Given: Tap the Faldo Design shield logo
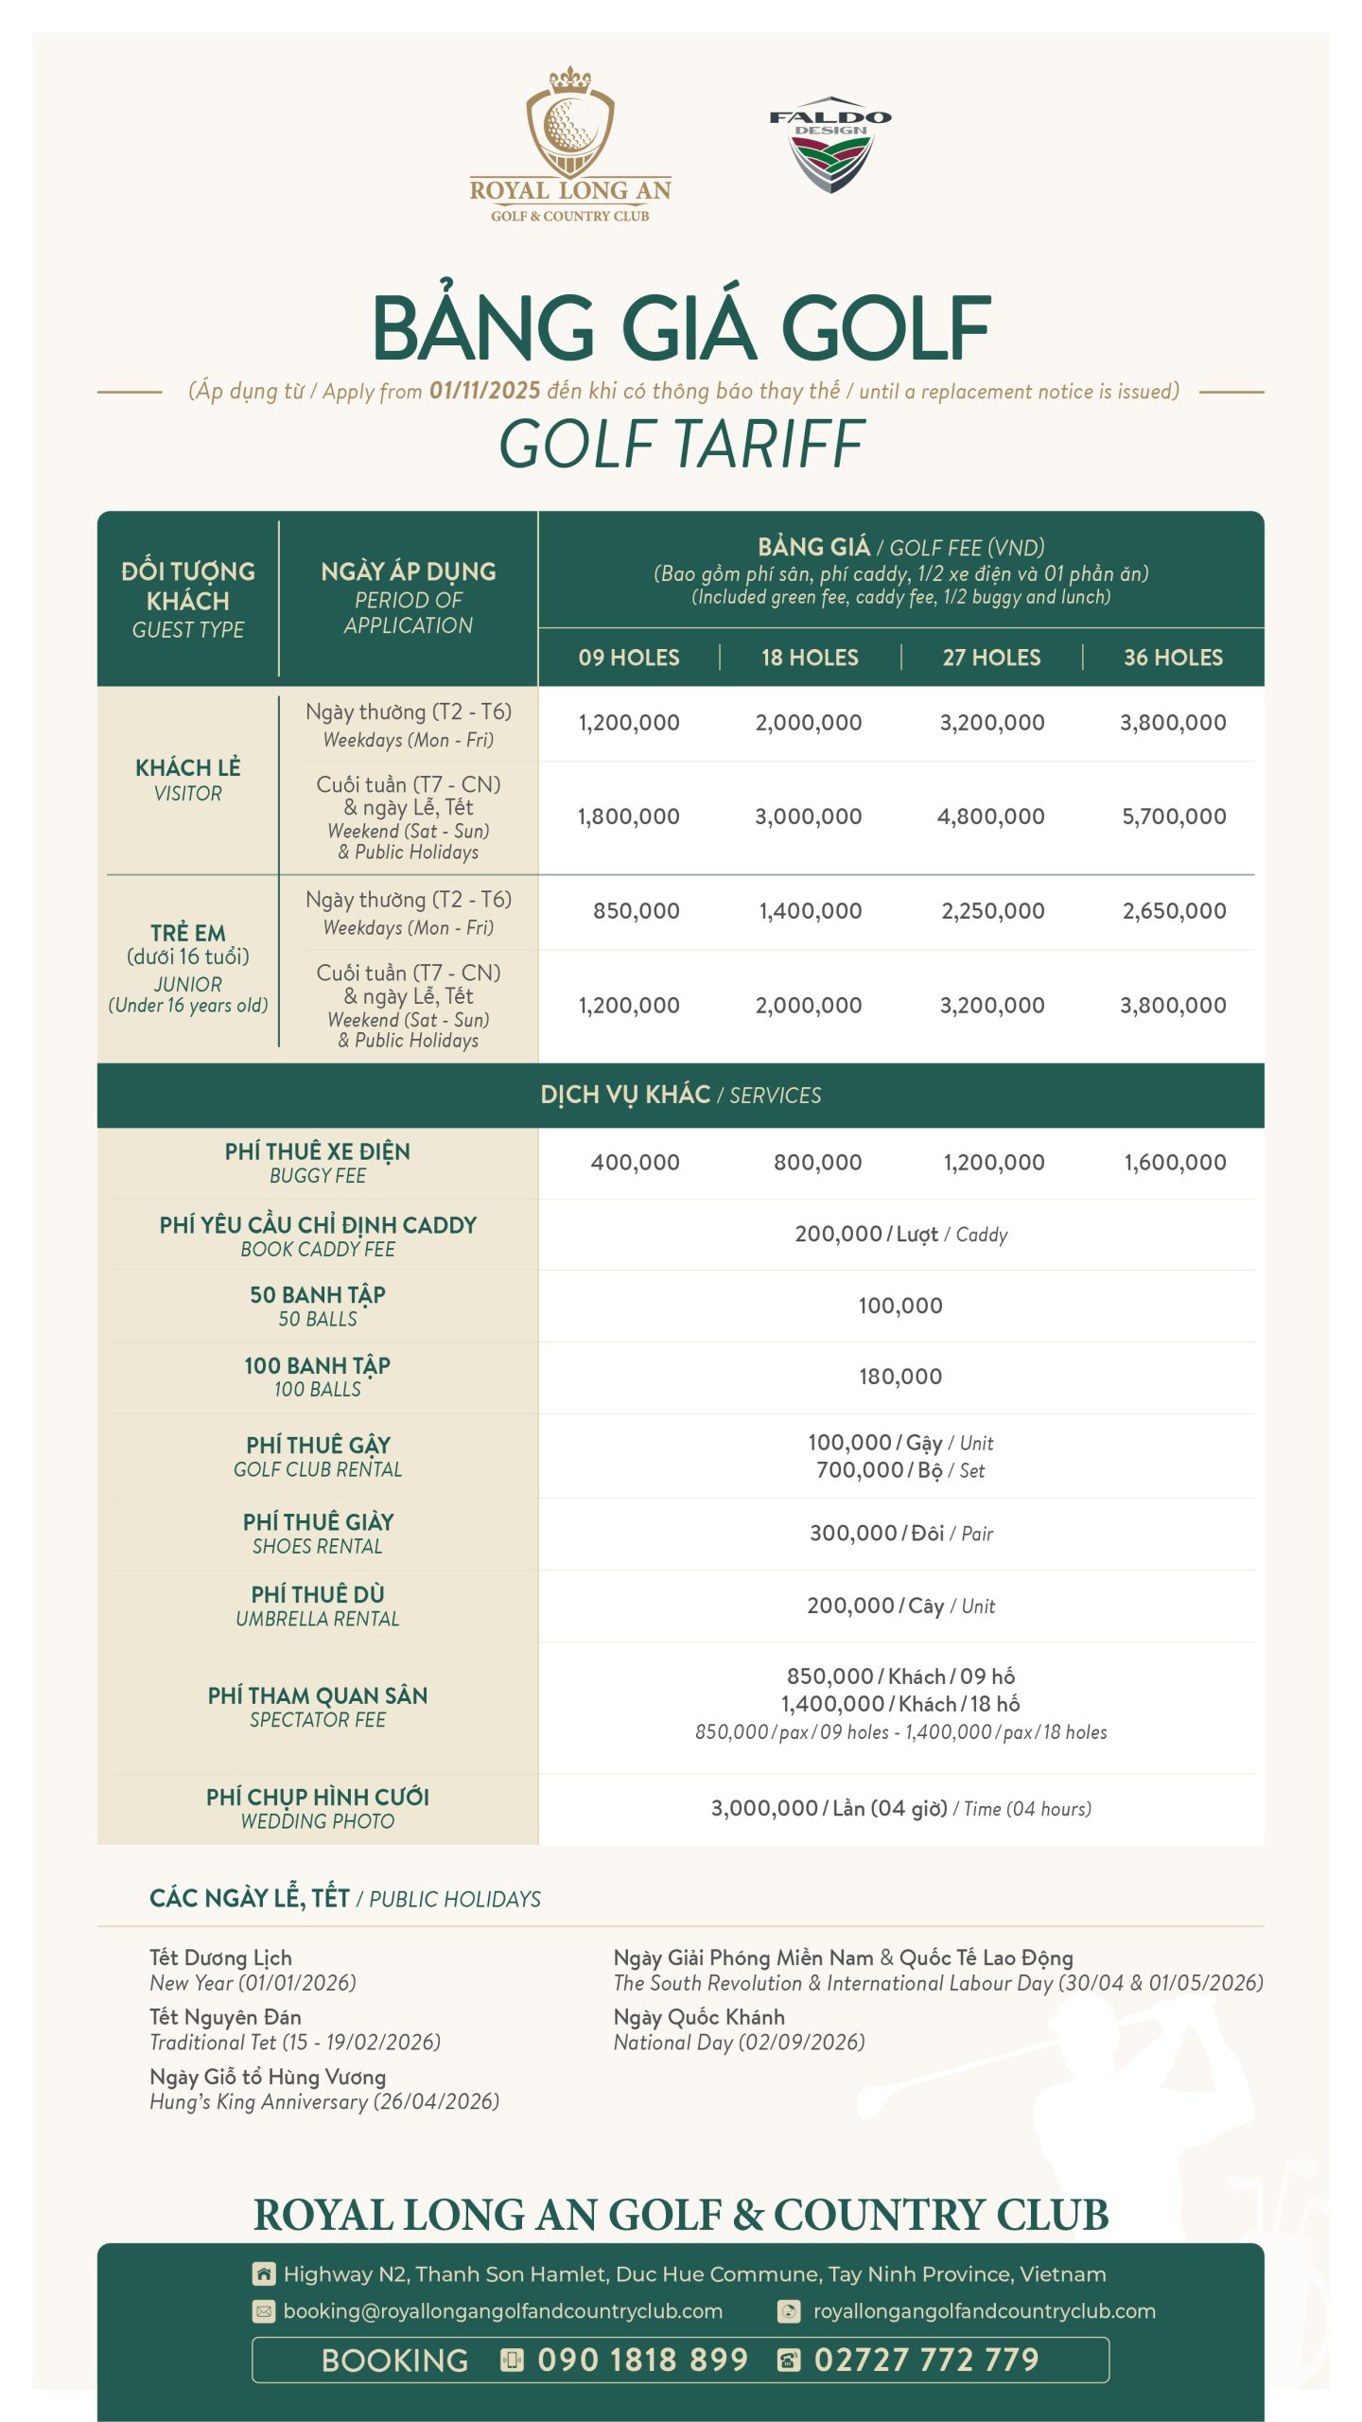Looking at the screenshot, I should click(x=830, y=147).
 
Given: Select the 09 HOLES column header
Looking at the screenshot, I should click(x=629, y=658).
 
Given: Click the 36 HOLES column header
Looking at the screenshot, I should click(x=1173, y=658).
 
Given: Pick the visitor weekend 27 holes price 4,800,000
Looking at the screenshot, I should click(x=991, y=816).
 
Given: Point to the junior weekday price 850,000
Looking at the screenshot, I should click(x=636, y=911).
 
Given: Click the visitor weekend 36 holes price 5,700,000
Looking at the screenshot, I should click(x=1174, y=816).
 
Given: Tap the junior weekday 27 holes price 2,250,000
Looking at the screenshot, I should click(x=992, y=911).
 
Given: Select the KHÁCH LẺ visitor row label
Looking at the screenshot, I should click(x=187, y=780).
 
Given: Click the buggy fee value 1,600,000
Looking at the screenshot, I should click(x=1175, y=1163).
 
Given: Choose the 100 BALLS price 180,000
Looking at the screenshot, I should click(x=900, y=1377).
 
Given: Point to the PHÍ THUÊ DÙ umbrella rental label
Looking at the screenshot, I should click(x=318, y=1606).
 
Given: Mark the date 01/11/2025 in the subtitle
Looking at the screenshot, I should click(x=484, y=391).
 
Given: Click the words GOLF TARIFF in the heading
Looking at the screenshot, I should click(x=681, y=445).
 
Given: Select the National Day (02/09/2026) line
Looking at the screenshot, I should click(x=739, y=2042).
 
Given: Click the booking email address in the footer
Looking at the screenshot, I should click(x=502, y=2311).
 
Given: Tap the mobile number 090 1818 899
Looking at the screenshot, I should click(x=642, y=2360).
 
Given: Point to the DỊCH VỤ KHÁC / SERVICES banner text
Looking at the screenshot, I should click(x=681, y=1095).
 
